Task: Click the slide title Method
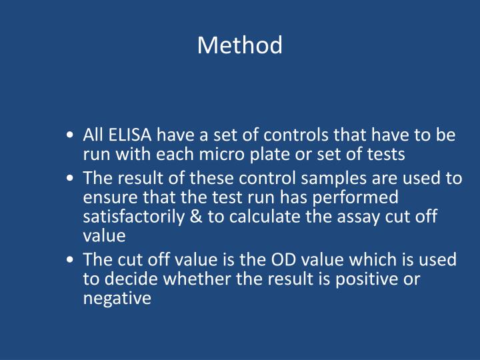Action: [240, 45]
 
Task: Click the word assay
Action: [341, 217]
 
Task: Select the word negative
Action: [117, 298]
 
